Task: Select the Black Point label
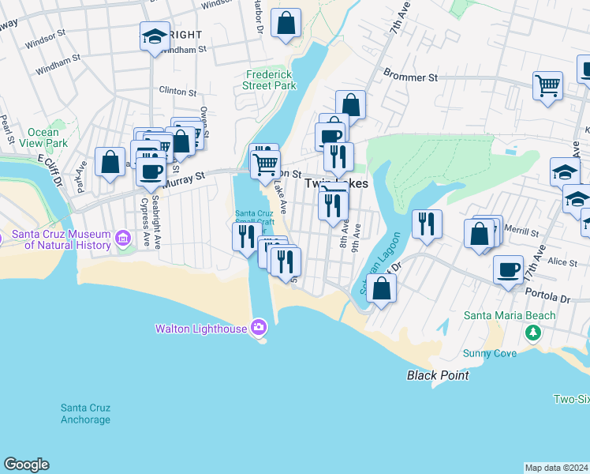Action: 438,375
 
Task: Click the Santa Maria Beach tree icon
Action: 534,331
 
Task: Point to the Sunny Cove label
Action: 490,353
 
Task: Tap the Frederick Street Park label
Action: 269,80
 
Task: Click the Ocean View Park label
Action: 47,137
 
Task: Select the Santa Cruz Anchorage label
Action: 86,413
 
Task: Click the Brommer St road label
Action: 410,77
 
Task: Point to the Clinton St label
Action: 177,91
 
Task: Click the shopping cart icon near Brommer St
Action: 548,84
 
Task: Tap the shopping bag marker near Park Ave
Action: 110,161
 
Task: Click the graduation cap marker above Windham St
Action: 155,35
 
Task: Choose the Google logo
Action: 26,465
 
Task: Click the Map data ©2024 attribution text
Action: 556,468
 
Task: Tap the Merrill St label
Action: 520,234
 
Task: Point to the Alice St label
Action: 562,261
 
